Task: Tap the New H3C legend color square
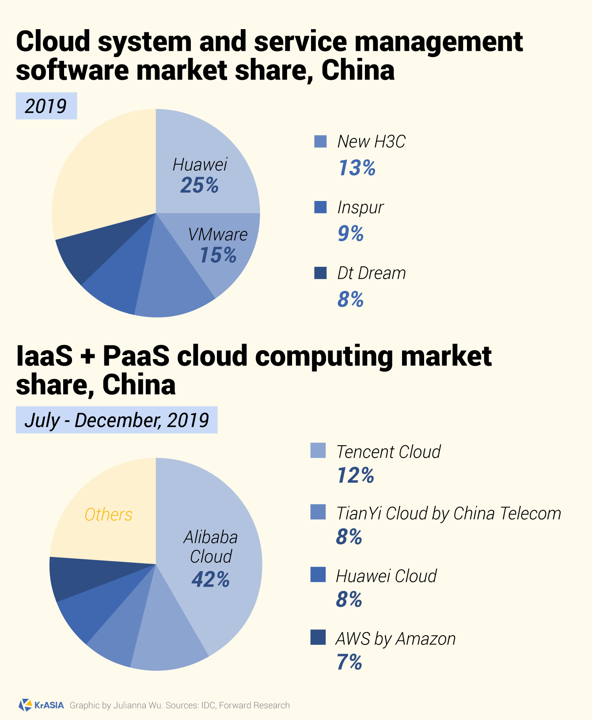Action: coord(320,141)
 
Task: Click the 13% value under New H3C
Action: coord(357,168)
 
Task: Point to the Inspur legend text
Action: coord(360,207)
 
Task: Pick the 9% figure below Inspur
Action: coord(350,233)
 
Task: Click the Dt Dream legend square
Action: coord(320,273)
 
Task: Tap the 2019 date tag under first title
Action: coord(46,106)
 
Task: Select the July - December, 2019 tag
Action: coord(117,420)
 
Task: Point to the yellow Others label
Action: coord(108,515)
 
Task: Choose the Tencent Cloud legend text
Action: coord(388,451)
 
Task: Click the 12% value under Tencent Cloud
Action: coord(355,476)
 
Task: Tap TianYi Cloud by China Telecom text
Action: coord(448,513)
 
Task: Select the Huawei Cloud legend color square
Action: coord(318,575)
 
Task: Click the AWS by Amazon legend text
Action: coord(395,639)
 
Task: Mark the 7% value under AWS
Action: coord(349,663)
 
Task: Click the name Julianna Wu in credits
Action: coord(137,705)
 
